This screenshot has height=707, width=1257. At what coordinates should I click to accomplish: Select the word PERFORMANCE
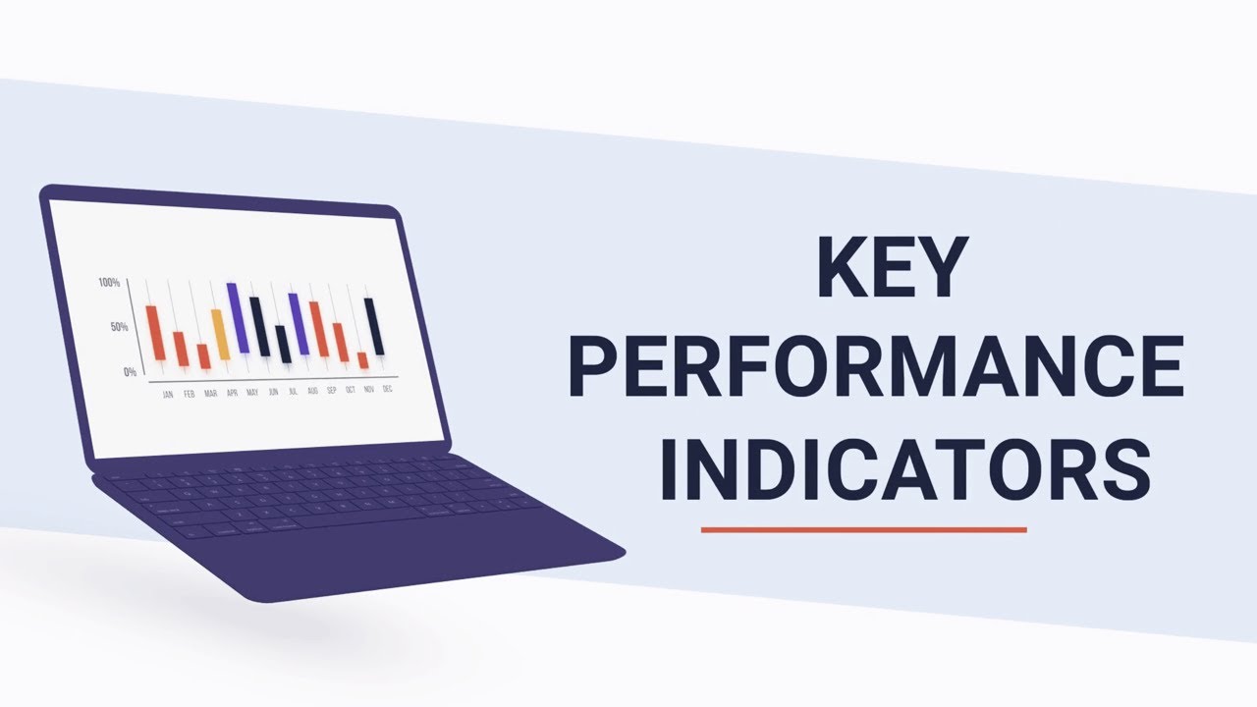pos(875,365)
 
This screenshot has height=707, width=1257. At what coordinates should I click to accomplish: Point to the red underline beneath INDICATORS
pos(863,529)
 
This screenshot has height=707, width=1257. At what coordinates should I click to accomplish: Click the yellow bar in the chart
pos(220,334)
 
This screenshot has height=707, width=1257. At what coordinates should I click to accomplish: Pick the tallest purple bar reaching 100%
pos(238,317)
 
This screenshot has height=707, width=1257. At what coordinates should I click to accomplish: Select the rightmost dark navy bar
pos(374,326)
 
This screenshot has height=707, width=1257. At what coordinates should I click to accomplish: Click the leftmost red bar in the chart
pos(155,333)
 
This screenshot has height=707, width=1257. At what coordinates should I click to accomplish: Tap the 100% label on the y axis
pos(109,283)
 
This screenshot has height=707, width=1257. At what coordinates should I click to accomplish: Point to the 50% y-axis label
pos(118,327)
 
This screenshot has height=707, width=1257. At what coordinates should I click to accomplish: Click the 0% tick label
pos(130,372)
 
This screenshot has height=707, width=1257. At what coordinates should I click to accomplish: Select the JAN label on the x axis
pos(167,394)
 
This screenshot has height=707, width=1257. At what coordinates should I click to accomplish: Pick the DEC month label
pos(388,389)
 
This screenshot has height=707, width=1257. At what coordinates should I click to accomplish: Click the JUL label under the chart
pos(293,391)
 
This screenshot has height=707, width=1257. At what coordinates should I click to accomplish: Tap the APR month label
pos(232,393)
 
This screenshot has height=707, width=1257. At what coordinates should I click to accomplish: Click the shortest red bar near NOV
pos(363,360)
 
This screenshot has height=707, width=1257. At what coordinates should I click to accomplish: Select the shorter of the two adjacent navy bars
pos(283,344)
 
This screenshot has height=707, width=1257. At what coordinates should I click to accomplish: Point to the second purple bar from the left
pos(298,323)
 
